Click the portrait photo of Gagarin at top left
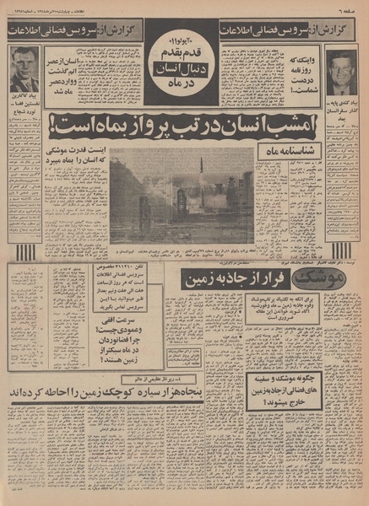coord(25,69)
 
